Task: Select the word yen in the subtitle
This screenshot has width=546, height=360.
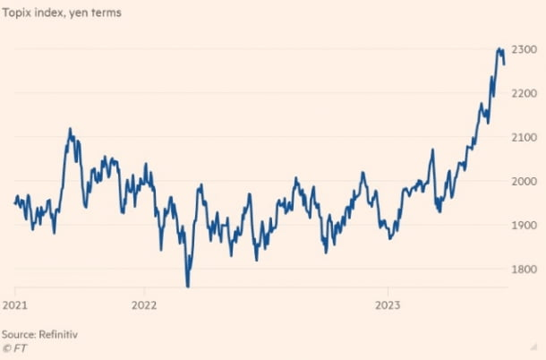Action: click(x=78, y=13)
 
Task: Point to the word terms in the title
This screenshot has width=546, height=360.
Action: click(x=105, y=13)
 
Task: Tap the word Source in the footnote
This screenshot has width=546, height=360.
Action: click(x=19, y=333)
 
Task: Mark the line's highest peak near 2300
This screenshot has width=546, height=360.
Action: click(x=499, y=48)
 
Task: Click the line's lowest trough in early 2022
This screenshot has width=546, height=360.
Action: click(x=188, y=286)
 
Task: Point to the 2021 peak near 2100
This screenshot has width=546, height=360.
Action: click(x=70, y=129)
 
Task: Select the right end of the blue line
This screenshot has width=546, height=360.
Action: click(x=504, y=64)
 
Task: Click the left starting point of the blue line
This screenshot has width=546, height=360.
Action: click(x=14, y=202)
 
